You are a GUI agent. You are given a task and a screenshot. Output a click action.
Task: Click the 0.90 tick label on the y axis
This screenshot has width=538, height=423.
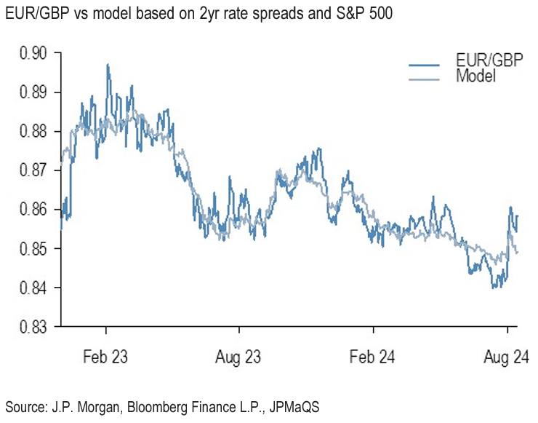(x=31, y=53)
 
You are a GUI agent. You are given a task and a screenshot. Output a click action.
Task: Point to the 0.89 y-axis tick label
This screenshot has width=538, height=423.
(x=31, y=92)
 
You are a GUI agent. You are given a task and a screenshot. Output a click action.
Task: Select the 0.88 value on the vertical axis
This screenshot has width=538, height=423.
(x=31, y=132)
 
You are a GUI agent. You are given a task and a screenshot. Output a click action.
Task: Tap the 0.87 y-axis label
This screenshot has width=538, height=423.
(x=31, y=170)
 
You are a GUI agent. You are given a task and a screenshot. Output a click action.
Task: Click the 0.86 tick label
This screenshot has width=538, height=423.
(x=31, y=210)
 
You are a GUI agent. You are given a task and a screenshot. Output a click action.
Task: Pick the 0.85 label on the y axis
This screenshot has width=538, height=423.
(x=31, y=249)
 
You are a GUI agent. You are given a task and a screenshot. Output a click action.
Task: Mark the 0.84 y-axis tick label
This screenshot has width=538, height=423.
(x=31, y=288)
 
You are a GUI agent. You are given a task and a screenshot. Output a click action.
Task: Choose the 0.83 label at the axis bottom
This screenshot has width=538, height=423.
(x=31, y=327)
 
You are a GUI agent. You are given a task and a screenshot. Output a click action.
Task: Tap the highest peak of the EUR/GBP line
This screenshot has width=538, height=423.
(x=108, y=65)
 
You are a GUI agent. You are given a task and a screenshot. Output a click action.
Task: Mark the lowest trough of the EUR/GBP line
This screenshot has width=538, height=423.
(x=494, y=288)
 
